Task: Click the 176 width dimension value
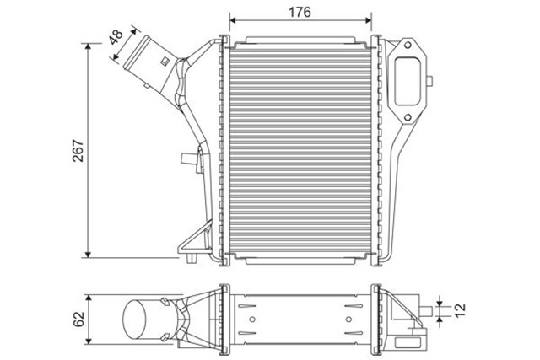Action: click(x=301, y=12)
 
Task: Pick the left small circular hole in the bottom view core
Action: click(x=250, y=319)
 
